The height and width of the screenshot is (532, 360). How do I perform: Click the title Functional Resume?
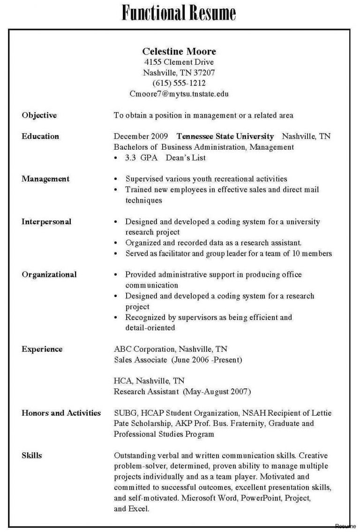179,13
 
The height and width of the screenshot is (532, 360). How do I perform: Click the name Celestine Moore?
179,51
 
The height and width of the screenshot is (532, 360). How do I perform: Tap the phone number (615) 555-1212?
179,83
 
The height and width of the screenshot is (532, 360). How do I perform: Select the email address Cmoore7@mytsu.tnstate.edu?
179,94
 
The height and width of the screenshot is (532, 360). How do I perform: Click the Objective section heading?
39,115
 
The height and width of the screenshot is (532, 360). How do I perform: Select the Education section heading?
41,137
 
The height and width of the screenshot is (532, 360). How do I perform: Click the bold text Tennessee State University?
225,137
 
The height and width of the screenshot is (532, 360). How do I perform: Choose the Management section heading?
45,179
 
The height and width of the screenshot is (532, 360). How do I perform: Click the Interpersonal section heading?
46,221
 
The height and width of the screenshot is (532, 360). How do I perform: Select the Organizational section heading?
49,274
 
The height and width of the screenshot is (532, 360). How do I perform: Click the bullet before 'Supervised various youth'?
116,179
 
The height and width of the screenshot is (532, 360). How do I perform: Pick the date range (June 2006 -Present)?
207,360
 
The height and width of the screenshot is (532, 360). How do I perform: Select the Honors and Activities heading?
61,413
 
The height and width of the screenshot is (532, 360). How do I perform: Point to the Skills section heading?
32,455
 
